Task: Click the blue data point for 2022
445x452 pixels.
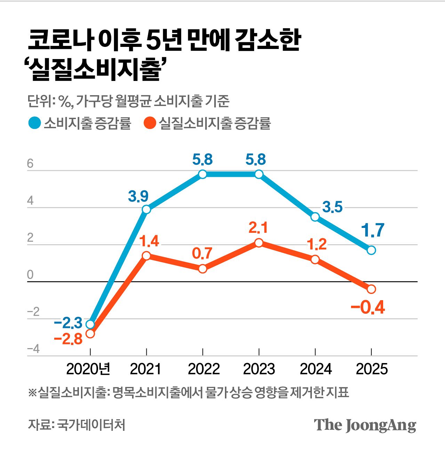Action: coord(203,174)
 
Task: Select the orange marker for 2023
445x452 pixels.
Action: coord(259,243)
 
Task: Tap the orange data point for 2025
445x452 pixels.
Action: coord(371,289)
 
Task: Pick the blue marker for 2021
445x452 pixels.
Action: coord(146,209)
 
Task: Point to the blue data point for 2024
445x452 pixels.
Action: coord(315,217)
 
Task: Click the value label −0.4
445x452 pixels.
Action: coord(368,308)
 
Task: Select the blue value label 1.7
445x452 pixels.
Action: coord(372,231)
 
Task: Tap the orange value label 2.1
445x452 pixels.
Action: coord(258,228)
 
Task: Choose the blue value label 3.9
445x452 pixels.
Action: coord(138,197)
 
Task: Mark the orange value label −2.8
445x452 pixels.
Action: coord(68,339)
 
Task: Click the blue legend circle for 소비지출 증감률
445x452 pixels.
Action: coord(34,123)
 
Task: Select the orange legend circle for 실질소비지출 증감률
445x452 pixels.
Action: coord(149,123)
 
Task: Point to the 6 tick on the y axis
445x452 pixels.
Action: coord(30,164)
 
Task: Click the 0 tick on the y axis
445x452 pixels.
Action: coord(30,275)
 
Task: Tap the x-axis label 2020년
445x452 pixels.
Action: coord(88,369)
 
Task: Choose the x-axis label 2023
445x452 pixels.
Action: coord(259,369)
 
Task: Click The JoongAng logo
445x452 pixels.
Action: coord(365,425)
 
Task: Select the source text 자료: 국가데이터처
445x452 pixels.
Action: coord(76,425)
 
